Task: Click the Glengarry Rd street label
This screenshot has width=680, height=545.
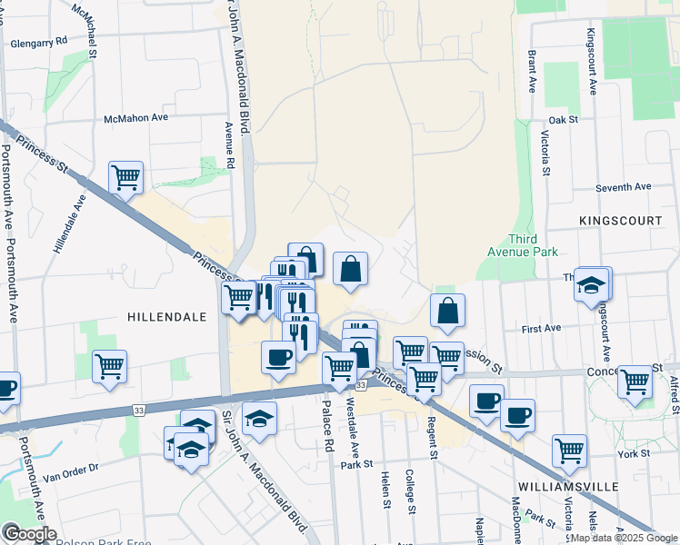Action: [x=36, y=42]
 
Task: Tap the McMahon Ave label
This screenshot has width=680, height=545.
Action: [x=136, y=118]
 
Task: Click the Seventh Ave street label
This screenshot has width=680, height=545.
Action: [x=624, y=187]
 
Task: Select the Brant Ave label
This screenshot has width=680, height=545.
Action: [x=530, y=73]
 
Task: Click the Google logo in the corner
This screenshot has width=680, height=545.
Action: [x=29, y=534]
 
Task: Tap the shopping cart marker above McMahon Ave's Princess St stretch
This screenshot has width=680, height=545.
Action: [x=125, y=178]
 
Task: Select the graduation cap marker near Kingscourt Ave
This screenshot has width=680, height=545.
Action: [x=592, y=284]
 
